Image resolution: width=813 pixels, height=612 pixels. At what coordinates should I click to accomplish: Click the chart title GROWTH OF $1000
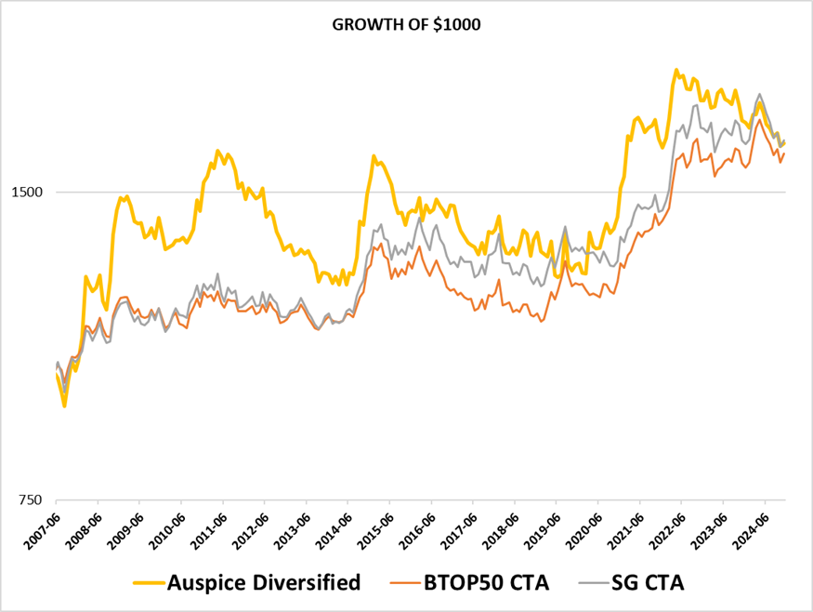pos(406,25)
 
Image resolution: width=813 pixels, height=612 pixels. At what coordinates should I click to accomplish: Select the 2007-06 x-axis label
pos(42,526)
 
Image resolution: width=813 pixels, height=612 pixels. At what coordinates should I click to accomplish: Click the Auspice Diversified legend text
pos(263,583)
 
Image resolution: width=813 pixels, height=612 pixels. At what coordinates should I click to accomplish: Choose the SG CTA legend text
pos(648,583)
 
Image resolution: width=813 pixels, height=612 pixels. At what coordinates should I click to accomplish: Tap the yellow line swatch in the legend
pos(146,583)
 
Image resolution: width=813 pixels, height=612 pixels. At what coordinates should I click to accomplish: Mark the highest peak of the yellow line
pos(676,70)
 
